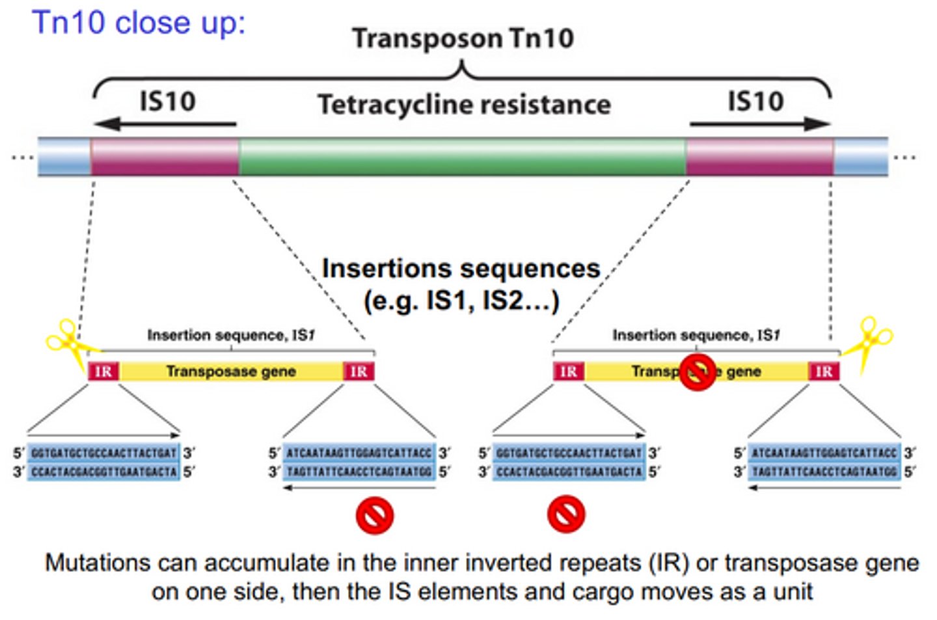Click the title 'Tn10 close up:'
coord(139,23)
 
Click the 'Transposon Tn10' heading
coord(463,38)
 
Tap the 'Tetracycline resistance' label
coord(464,105)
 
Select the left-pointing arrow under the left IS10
coord(165,124)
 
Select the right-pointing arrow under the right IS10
coord(759,124)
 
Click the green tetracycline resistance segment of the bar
coord(462,157)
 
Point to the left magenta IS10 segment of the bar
coord(165,157)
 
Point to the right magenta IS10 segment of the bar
coord(759,157)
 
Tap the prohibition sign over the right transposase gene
coord(698,372)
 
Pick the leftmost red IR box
coord(103,371)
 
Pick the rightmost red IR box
coord(823,371)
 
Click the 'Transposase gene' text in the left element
coord(231,371)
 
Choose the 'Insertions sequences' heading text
coord(461,268)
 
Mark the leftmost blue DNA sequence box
coord(103,462)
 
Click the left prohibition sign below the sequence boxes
coord(374,515)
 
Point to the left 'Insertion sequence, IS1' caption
coord(231,336)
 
